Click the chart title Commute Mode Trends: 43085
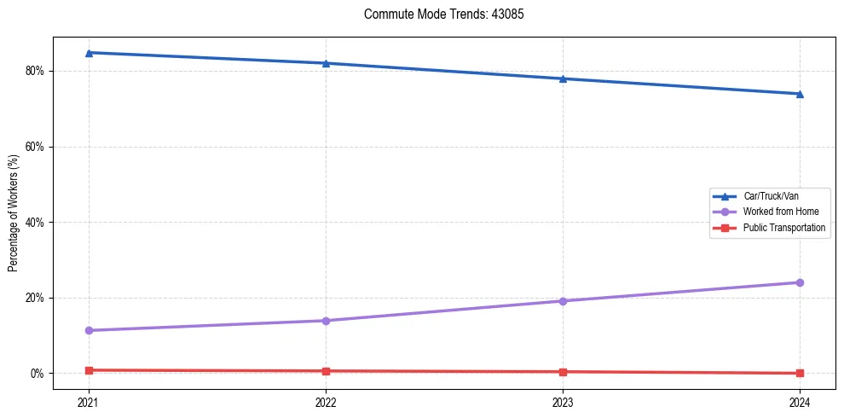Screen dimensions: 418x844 coord(437,15)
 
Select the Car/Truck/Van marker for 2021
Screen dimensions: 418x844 coord(89,53)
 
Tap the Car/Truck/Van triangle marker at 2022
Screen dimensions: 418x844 coord(326,63)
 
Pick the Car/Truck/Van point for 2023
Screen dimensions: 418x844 coord(563,78)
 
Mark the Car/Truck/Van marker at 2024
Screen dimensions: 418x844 coord(800,94)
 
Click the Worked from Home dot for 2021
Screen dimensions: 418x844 coord(89,330)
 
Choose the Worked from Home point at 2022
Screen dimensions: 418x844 coord(326,321)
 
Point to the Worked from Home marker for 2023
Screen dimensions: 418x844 coord(563,301)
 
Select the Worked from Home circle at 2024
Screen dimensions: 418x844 coord(800,282)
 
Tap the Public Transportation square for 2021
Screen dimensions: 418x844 coord(89,370)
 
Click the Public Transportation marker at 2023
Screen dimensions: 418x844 coord(563,372)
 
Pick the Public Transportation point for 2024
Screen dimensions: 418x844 coord(800,373)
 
